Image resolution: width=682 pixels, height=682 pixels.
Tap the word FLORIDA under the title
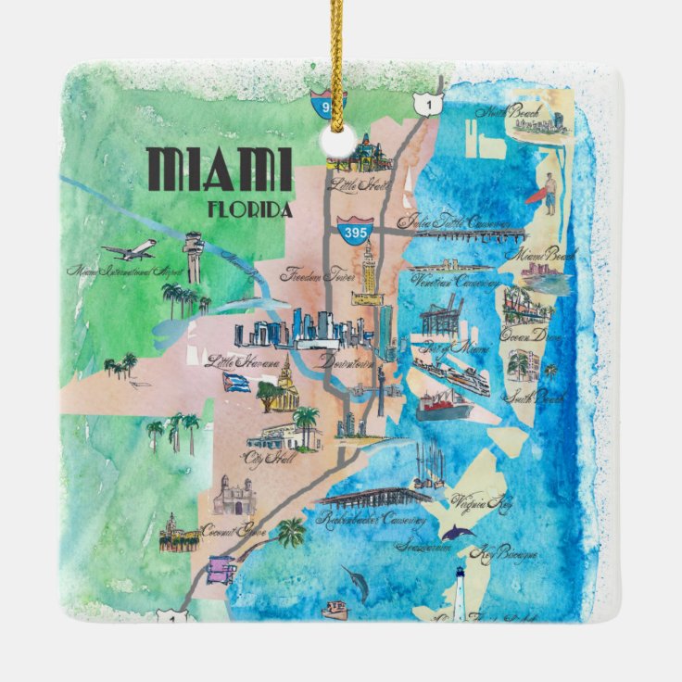pyautogui.click(x=250, y=209)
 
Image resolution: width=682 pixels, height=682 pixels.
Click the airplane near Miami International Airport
pyautogui.click(x=129, y=250)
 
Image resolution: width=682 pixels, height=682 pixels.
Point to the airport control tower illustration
pyautogui.click(x=193, y=256)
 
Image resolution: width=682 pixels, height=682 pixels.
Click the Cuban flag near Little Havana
pyautogui.click(x=236, y=382)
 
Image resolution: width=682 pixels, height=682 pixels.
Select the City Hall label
pyautogui.click(x=264, y=458)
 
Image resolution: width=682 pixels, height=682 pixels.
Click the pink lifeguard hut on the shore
pyautogui.click(x=221, y=568)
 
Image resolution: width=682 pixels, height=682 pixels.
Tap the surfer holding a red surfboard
pyautogui.click(x=546, y=196)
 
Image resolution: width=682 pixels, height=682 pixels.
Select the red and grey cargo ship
pyautogui.click(x=443, y=404)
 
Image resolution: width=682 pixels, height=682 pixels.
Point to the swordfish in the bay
pyautogui.click(x=357, y=581)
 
